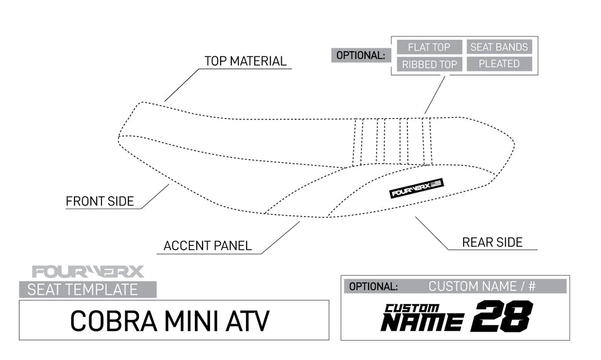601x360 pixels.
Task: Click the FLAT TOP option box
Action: [x=429, y=47]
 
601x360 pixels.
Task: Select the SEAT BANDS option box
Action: [x=499, y=47]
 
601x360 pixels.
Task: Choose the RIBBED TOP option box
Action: [x=429, y=64]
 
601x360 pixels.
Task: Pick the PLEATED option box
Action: [x=499, y=64]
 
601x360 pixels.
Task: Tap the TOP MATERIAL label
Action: [x=245, y=61]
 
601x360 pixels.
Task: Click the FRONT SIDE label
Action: [x=100, y=201]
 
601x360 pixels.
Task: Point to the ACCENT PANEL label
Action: [x=208, y=245]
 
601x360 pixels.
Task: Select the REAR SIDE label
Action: [x=492, y=242]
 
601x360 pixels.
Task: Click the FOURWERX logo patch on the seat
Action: [x=417, y=188]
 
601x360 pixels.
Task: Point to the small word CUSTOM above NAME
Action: [x=412, y=308]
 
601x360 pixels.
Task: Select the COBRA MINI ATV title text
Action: [x=170, y=320]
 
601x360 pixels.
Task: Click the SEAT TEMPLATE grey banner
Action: [x=88, y=290]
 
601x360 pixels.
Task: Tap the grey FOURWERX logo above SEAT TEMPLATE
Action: [x=88, y=272]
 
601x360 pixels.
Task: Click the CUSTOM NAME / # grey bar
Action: [x=481, y=287]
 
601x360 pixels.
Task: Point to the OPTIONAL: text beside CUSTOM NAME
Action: [x=373, y=287]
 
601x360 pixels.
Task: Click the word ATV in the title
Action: [x=247, y=320]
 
